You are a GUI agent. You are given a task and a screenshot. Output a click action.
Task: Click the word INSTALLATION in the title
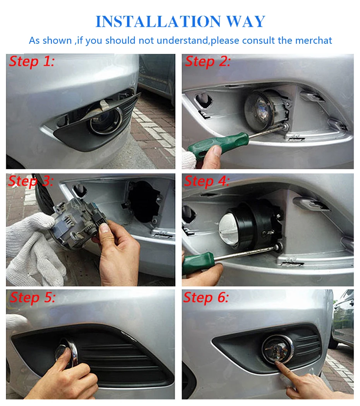point(158,21)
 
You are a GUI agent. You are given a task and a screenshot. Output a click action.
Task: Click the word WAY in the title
point(246,21)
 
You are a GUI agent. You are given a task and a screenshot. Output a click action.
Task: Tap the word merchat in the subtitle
point(314,40)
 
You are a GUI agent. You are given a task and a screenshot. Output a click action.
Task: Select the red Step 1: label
point(32,62)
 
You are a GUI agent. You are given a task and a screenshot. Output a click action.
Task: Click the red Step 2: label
point(208,62)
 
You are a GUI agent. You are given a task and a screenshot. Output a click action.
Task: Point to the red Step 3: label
point(31,181)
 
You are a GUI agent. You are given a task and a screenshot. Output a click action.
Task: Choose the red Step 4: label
point(207,181)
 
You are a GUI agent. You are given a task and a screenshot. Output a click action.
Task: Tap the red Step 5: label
point(33,298)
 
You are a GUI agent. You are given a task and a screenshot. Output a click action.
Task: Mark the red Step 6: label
point(206,298)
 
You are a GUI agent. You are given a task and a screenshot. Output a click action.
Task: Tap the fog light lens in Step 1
point(105,122)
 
